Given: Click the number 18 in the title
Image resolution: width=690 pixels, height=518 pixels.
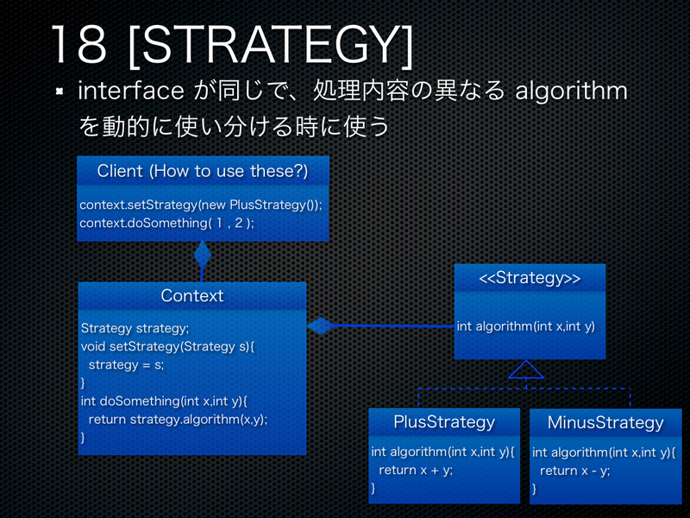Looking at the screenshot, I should coord(78,45).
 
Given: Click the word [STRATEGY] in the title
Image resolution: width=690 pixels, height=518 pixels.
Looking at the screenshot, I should coord(270,45).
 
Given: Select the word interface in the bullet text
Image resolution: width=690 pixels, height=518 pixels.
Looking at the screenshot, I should coord(130,91).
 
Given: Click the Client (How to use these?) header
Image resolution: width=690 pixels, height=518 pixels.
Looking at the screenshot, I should coord(202,171).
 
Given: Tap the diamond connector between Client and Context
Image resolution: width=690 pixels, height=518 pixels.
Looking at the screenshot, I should coord(203,255).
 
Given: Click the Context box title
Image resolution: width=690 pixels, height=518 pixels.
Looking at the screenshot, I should coord(191,296).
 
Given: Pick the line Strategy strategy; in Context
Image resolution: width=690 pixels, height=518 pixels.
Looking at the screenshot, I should coord(135,328).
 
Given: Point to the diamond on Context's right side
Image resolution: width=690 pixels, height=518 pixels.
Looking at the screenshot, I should coord(321,325).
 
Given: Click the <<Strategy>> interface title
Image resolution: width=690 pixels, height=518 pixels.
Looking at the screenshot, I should coord(530,279).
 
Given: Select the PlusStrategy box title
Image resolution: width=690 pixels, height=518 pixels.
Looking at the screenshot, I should coord(444,422).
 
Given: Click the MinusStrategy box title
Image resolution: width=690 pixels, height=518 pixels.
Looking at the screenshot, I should coord(605,423).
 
